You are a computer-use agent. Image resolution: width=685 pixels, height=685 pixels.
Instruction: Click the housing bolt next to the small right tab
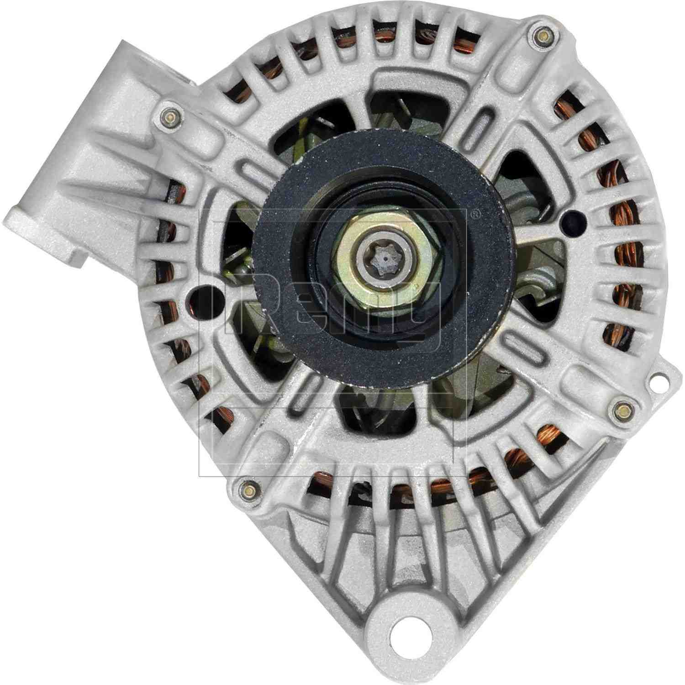tap(621, 408)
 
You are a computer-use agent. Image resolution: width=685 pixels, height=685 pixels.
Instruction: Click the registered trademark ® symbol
tap(475, 213)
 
